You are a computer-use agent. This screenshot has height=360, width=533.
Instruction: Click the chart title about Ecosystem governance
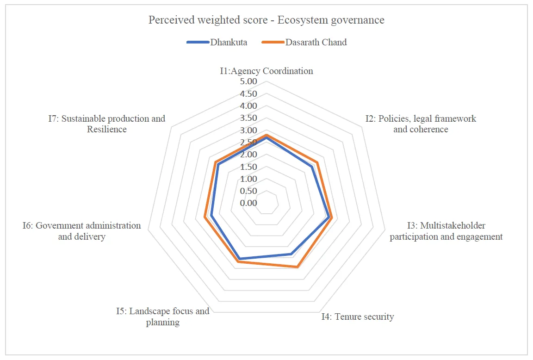click(x=266, y=20)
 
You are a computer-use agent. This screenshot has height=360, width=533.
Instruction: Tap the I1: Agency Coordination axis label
click(x=266, y=71)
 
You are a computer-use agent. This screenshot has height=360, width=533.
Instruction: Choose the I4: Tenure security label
click(x=358, y=317)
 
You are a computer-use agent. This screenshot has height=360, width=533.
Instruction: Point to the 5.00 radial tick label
click(x=248, y=81)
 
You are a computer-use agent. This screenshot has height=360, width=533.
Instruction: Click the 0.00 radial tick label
click(x=248, y=203)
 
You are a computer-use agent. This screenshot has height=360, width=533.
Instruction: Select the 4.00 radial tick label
click(x=248, y=106)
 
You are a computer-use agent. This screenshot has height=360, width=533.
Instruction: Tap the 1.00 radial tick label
click(x=248, y=179)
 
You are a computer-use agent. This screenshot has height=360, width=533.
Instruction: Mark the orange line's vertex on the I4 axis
click(x=297, y=267)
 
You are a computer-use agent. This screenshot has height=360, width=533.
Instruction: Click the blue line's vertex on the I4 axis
click(x=291, y=254)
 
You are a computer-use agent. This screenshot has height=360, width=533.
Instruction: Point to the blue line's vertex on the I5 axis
click(x=240, y=258)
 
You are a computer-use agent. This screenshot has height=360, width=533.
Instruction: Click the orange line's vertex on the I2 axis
click(x=317, y=162)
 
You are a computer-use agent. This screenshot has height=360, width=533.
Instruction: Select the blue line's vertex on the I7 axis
click(x=217, y=164)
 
